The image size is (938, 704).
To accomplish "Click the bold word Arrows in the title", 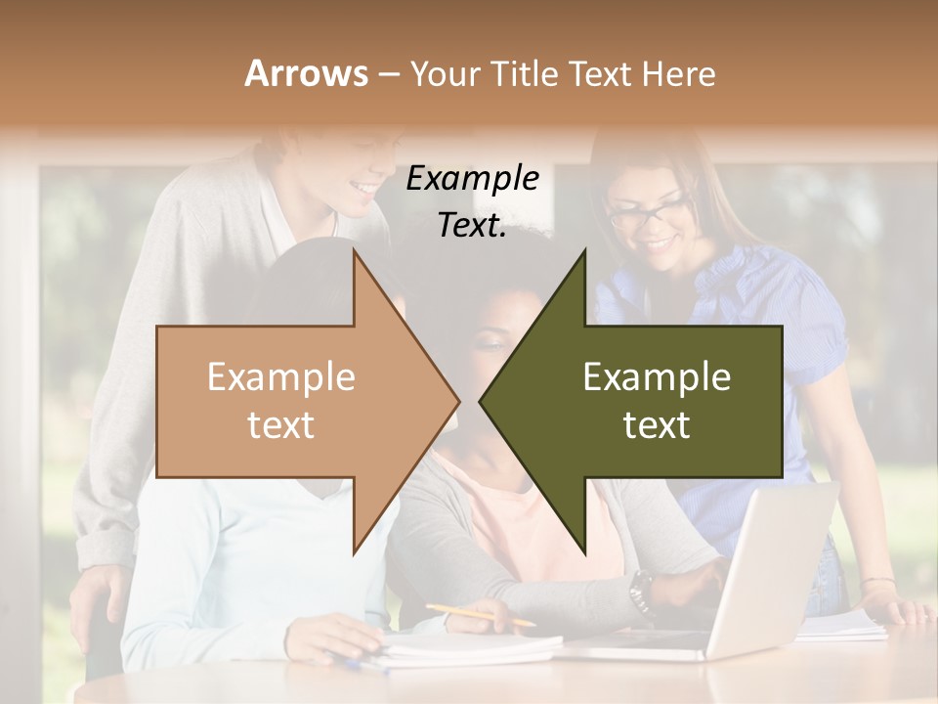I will click(306, 73).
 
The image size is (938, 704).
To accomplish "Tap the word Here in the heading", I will click(678, 73).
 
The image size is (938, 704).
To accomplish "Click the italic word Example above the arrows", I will click(472, 178).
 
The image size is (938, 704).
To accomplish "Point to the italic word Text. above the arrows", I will click(472, 225).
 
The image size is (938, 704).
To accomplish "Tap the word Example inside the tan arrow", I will click(280, 376).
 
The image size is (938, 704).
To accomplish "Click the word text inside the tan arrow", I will click(280, 424).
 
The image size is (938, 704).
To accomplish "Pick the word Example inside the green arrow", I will click(657, 376).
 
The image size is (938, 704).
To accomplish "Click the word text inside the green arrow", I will click(657, 424).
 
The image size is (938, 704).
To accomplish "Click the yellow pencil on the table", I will click(480, 615).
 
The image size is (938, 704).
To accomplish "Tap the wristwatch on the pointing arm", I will click(641, 590).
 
